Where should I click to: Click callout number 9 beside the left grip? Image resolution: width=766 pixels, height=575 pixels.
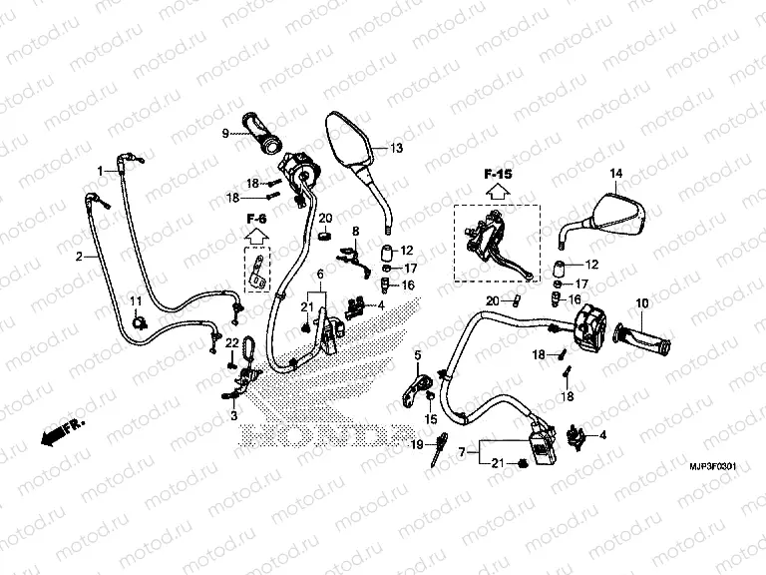[225, 133]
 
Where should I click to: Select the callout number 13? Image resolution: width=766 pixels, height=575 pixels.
[396, 149]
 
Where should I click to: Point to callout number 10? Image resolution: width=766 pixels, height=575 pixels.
[641, 302]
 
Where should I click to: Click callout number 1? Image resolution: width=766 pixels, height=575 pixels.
[100, 170]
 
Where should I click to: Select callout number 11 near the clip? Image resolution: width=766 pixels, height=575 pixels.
[136, 302]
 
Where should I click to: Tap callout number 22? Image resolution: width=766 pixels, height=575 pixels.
[229, 343]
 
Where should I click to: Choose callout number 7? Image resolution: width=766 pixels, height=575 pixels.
[461, 452]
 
